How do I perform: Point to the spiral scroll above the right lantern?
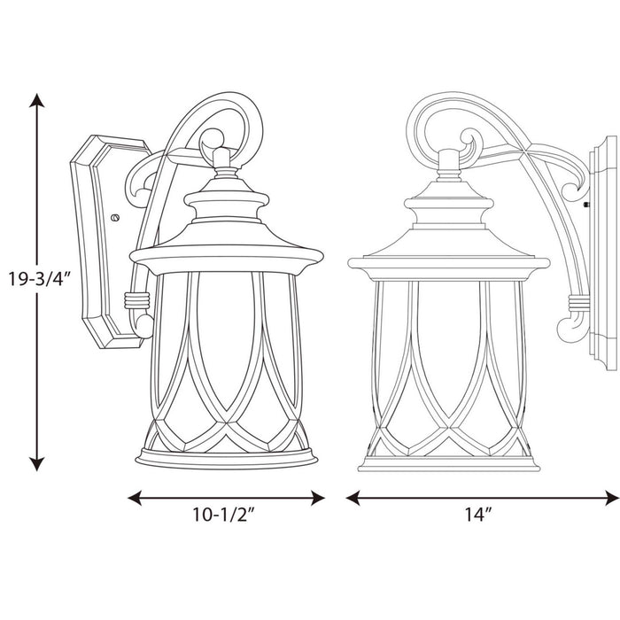click(x=468, y=142)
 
